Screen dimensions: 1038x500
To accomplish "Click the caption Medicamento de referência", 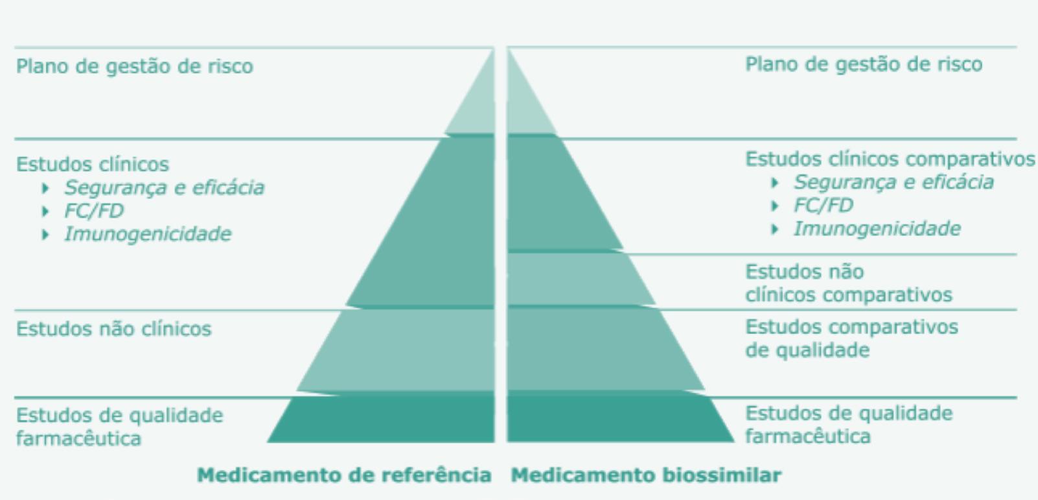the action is (x=343, y=475).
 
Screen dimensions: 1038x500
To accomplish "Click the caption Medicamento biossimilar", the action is (x=646, y=475).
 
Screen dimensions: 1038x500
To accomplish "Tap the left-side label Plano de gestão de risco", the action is (x=134, y=66).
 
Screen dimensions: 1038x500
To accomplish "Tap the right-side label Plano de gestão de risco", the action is (x=863, y=64).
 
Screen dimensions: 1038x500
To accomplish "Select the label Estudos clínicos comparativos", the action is (x=890, y=159).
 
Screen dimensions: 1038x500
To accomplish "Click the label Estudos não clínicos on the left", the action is (x=113, y=329).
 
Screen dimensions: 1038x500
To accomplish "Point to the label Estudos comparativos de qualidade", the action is (x=851, y=338).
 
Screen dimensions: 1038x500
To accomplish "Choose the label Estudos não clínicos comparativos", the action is (x=848, y=283).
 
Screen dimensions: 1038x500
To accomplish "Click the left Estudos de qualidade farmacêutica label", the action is (x=119, y=426).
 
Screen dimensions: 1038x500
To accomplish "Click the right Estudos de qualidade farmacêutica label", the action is (x=848, y=424).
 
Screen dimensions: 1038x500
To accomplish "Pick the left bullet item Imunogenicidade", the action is (x=147, y=233).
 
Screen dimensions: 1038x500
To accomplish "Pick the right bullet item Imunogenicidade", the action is (x=877, y=228).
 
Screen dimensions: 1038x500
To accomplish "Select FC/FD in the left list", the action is (x=93, y=211).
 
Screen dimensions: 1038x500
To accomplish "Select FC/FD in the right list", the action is (x=823, y=206).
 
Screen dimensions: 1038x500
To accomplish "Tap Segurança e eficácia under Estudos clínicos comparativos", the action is (x=894, y=182).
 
